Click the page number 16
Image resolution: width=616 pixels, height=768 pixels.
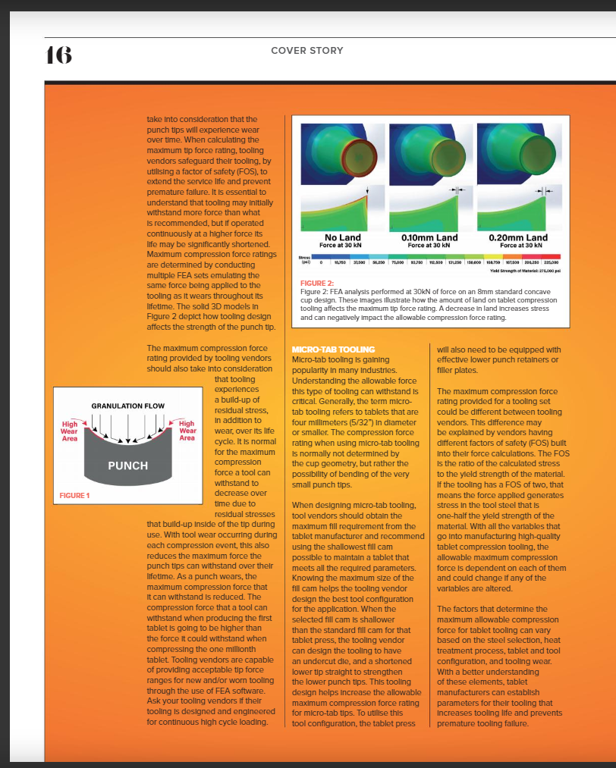pos(59,55)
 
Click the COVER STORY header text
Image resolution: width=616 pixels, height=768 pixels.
pos(307,51)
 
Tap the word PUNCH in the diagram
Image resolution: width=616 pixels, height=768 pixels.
pos(127,465)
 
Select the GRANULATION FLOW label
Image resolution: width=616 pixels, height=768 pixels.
pos(127,406)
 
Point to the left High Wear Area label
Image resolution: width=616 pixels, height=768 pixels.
pos(69,431)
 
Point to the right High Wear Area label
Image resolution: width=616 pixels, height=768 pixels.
pos(187,431)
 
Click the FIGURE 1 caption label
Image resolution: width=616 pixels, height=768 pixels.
pos(74,496)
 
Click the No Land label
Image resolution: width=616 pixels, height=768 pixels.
pos(343,238)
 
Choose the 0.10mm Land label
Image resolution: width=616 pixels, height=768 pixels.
pos(429,238)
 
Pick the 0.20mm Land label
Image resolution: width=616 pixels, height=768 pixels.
pos(518,238)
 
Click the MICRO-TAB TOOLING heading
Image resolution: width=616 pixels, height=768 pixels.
pos(322,349)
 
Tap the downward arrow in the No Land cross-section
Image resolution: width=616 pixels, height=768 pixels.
pos(367,190)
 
